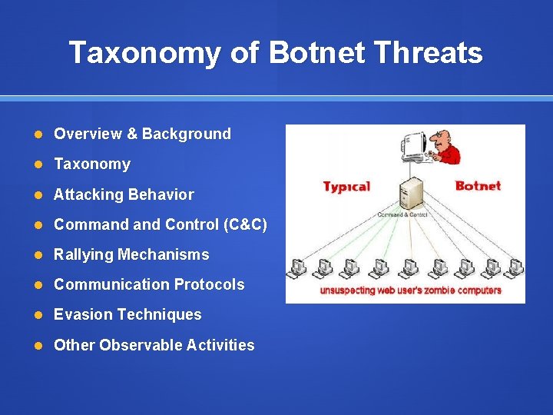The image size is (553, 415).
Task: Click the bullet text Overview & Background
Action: (142, 134)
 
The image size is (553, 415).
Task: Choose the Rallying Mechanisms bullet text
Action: (131, 254)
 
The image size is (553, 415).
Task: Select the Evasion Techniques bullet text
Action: (127, 314)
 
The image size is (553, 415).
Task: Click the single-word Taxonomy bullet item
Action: (92, 164)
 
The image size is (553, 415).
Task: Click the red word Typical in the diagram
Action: (346, 187)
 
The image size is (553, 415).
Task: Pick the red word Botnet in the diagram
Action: (478, 186)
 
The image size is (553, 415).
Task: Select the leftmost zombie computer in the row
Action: (296, 268)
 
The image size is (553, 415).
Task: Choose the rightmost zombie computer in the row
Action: (513, 268)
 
